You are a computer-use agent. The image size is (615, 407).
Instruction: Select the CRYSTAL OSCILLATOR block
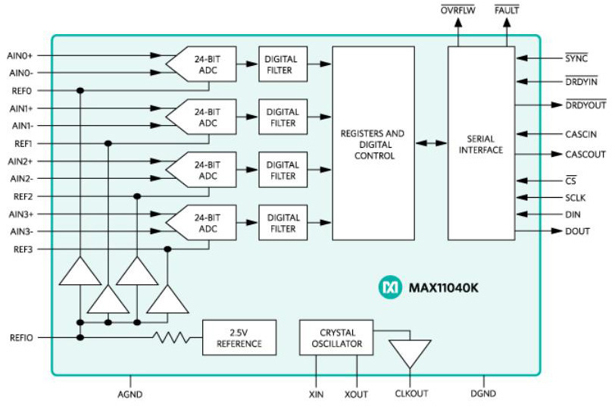[x=337, y=338]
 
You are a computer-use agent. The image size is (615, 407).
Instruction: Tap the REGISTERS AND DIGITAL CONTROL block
[x=373, y=144]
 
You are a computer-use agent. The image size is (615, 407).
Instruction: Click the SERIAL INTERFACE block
[x=481, y=144]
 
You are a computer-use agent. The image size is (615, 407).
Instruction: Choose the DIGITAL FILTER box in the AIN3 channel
[x=283, y=223]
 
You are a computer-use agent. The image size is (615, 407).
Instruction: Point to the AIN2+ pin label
[x=20, y=161]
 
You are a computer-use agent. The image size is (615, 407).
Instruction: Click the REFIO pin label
[x=20, y=337]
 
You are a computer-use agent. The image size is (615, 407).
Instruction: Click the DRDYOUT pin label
[x=585, y=105]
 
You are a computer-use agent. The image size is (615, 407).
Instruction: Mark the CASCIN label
[x=581, y=134]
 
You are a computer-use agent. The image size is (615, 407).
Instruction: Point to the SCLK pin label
[x=576, y=197]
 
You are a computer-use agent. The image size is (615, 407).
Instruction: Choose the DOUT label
[x=577, y=231]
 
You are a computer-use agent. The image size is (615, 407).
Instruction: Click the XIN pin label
[x=317, y=394]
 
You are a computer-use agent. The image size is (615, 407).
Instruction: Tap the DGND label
[x=482, y=394]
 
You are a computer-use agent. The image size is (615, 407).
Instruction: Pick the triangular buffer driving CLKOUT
[x=410, y=352]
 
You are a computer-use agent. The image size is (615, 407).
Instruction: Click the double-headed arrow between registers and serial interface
[x=431, y=143]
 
